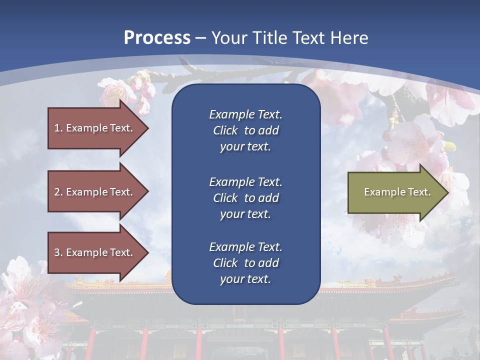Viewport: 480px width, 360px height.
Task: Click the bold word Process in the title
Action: (157, 38)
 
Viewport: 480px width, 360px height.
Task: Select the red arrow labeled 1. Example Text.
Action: (95, 128)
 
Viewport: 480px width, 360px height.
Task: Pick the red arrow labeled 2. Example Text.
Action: (95, 192)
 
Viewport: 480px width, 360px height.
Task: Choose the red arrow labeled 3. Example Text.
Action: (95, 252)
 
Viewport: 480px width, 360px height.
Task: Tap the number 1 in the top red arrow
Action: (57, 128)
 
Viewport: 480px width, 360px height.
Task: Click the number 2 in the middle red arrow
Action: (57, 192)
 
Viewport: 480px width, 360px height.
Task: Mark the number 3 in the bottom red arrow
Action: (57, 252)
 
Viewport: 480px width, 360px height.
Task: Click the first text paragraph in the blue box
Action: (245, 130)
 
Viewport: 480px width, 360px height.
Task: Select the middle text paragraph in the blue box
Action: (245, 198)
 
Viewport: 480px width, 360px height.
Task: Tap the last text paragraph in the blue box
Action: (245, 263)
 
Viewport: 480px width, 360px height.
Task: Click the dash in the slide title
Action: (201, 38)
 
